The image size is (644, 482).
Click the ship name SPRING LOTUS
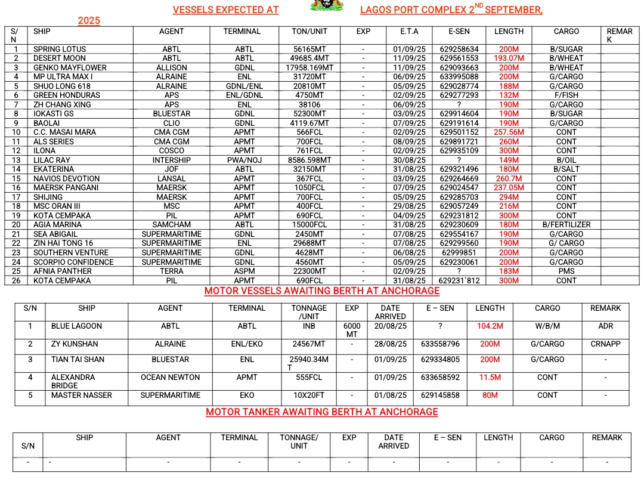(60, 50)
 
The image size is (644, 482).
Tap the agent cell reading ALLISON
(171, 68)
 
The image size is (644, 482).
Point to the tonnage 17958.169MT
(309, 68)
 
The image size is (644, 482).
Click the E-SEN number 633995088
(459, 77)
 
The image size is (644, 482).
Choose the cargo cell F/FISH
(566, 95)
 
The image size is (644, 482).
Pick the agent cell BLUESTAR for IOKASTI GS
(171, 114)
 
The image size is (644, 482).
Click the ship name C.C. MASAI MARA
(62, 132)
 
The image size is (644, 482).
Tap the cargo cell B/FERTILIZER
(566, 225)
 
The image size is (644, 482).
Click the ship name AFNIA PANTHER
(63, 271)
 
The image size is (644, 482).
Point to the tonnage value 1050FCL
(309, 188)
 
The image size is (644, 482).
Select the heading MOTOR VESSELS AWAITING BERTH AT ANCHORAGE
(322, 291)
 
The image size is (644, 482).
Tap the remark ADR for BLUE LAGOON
(605, 326)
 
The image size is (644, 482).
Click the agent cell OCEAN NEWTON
(170, 378)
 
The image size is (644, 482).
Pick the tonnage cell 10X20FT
(309, 395)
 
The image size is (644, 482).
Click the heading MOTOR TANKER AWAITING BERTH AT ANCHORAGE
(322, 412)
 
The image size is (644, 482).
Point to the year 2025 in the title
(89, 21)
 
